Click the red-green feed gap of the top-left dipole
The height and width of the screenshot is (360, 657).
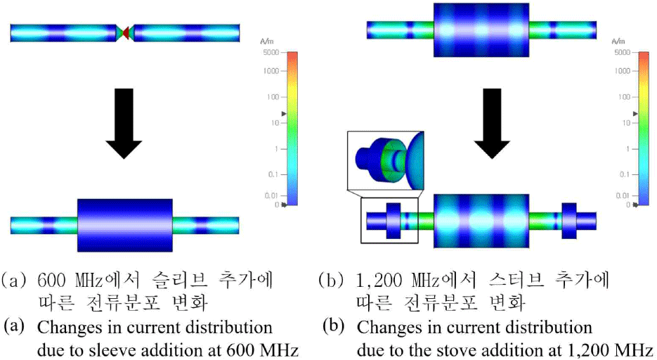[125, 32]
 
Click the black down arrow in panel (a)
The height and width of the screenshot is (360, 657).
[124, 122]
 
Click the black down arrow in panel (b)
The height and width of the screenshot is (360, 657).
[492, 122]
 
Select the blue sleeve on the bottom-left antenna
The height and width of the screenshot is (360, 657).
[124, 224]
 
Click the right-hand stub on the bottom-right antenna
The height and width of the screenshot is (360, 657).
[568, 221]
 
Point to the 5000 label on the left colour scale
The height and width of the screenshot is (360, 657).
[271, 53]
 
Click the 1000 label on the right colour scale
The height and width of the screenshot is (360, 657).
[621, 71]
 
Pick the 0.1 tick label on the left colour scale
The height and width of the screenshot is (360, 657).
[273, 174]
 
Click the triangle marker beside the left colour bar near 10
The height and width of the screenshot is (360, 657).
[285, 112]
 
